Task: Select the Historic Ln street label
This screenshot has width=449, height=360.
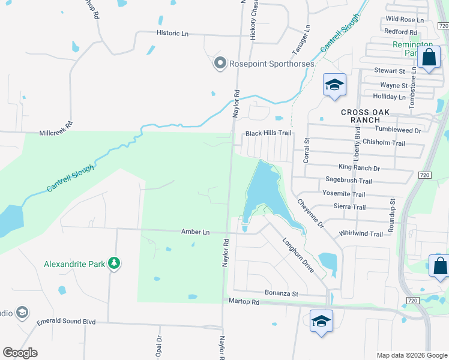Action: click(x=172, y=34)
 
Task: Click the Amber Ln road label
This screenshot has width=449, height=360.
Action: click(x=196, y=232)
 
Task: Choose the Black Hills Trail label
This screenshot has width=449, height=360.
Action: click(x=268, y=133)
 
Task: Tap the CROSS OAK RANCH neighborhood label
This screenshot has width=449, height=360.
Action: click(x=365, y=116)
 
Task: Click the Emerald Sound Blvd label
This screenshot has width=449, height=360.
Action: click(x=66, y=322)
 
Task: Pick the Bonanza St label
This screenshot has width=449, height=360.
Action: click(x=282, y=293)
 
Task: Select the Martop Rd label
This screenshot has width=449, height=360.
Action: click(x=243, y=302)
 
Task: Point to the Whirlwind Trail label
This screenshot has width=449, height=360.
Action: click(x=361, y=234)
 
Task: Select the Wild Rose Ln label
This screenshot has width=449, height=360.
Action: click(x=404, y=20)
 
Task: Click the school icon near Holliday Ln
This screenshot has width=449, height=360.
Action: click(x=334, y=85)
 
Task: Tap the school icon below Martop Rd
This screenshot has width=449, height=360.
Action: click(x=321, y=320)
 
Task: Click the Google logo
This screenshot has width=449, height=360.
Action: click(x=20, y=353)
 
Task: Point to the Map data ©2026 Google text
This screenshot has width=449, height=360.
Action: click(x=411, y=355)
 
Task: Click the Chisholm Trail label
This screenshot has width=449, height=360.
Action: click(x=384, y=143)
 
